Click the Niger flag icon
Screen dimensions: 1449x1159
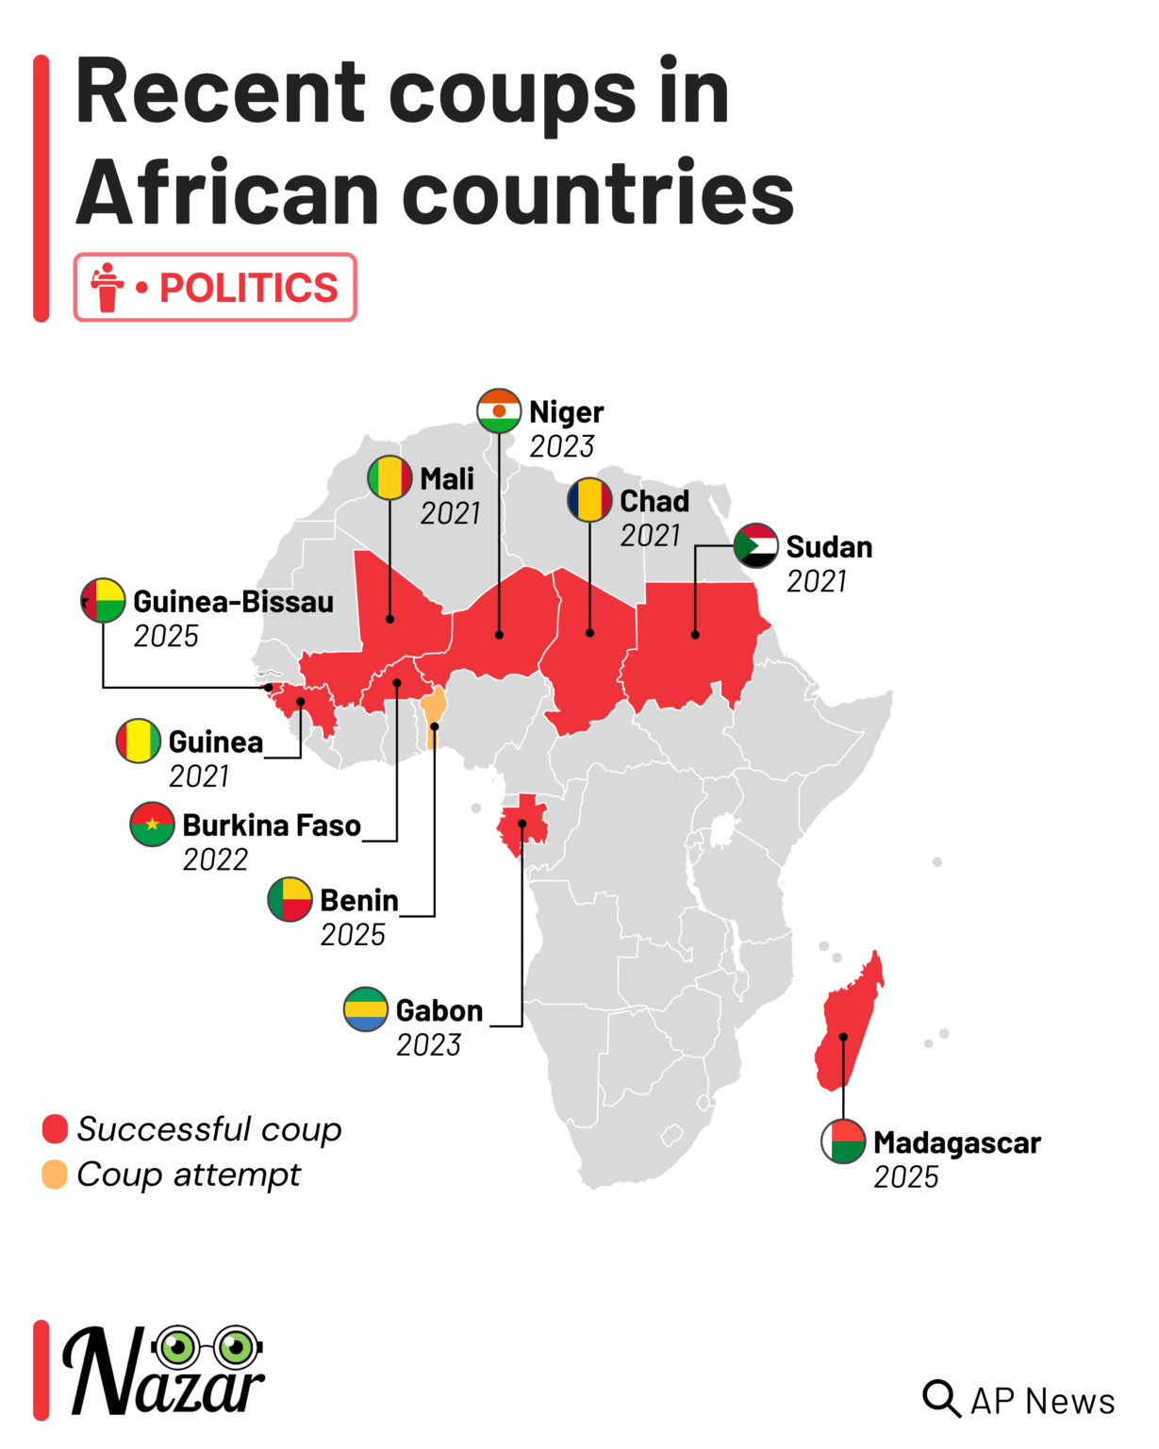tap(499, 411)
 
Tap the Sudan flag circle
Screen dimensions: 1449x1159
tap(756, 545)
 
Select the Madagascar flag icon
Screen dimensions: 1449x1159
tap(843, 1141)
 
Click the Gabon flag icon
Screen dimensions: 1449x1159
tap(366, 1009)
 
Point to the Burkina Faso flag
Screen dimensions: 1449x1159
tap(152, 824)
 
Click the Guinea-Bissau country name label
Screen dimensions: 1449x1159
tap(233, 602)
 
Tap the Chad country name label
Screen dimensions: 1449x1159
tap(654, 501)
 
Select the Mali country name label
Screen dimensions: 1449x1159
tap(447, 479)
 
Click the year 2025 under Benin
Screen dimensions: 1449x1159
tap(353, 935)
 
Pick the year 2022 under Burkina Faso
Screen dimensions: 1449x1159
tap(215, 859)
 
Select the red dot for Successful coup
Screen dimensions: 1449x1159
tap(55, 1128)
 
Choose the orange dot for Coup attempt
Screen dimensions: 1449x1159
tap(55, 1174)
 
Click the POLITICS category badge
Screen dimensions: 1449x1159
tap(215, 287)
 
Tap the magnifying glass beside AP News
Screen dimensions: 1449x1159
tap(940, 1399)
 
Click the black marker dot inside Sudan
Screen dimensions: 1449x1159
tap(695, 635)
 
